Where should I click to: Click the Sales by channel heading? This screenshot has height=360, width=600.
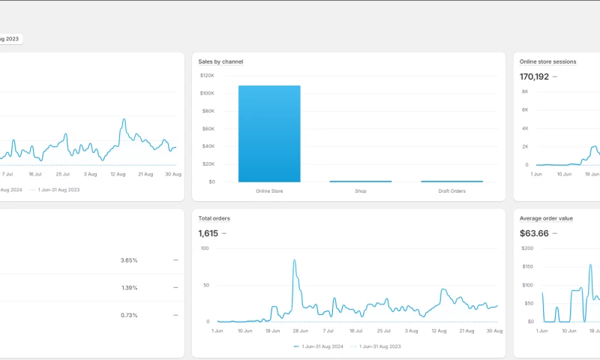tap(220, 61)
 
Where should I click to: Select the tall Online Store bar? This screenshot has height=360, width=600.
tap(269, 133)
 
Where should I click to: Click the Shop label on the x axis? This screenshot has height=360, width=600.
tap(361, 191)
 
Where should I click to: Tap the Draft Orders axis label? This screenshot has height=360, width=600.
tap(451, 191)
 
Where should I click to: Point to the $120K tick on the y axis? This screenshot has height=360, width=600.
tap(207, 76)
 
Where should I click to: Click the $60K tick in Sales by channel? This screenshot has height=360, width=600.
tap(208, 128)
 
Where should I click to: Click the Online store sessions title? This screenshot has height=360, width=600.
tap(547, 61)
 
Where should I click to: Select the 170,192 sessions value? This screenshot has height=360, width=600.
tap(534, 76)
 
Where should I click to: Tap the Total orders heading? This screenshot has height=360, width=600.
tap(214, 218)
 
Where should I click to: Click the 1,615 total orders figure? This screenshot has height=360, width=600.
tap(208, 233)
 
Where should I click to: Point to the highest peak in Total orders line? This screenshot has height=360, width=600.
tap(294, 260)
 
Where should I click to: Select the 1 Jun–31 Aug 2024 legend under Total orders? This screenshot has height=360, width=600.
tap(320, 346)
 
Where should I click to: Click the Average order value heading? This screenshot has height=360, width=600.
tap(546, 218)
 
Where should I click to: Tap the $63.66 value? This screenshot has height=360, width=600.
tap(534, 233)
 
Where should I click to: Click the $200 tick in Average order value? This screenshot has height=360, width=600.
tap(526, 248)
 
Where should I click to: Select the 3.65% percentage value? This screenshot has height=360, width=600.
tap(129, 260)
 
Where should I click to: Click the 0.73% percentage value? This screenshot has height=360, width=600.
tap(129, 315)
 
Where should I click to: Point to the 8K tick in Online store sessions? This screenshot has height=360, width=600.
tap(525, 91)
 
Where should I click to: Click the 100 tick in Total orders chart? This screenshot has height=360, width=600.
tap(206, 248)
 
